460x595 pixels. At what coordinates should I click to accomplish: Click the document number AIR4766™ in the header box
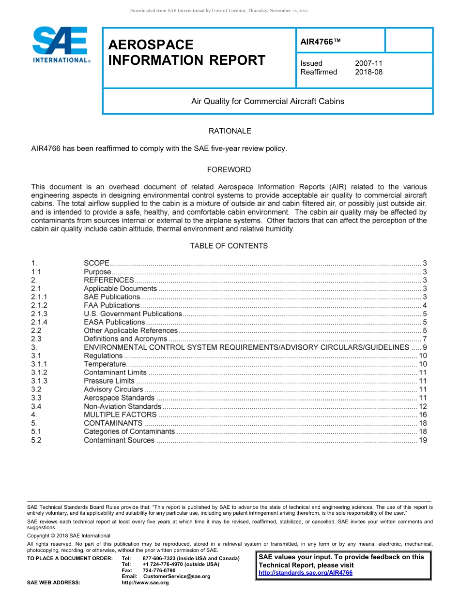(321, 42)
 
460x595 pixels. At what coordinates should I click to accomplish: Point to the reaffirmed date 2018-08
(368, 72)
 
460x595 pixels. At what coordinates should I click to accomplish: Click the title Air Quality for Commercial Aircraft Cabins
(268, 102)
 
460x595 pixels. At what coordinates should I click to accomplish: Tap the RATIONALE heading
(230, 131)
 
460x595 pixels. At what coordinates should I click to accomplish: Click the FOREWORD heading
(229, 170)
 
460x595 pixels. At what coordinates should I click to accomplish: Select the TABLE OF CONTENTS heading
(229, 246)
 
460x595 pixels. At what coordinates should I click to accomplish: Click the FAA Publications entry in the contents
(112, 305)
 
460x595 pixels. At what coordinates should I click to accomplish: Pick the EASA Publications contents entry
(114, 322)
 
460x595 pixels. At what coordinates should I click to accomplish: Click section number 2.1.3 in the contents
(39, 314)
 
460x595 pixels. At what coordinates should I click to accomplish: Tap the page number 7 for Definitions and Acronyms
(425, 339)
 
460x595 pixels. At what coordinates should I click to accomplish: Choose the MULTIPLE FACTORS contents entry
(120, 415)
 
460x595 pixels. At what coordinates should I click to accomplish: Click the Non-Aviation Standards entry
(123, 406)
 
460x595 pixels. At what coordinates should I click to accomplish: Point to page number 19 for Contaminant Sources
(423, 440)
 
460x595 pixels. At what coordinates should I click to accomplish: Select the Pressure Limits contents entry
(109, 381)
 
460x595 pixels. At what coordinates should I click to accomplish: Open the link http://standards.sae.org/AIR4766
(306, 573)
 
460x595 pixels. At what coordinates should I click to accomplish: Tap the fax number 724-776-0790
(159, 570)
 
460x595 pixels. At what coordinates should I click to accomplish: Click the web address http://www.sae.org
(145, 583)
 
